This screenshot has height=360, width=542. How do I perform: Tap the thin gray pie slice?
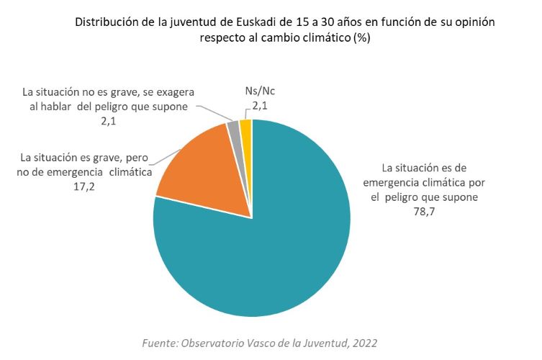233,130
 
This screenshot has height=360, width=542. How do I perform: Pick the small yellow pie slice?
245,127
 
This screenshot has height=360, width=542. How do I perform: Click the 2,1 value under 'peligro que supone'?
109,121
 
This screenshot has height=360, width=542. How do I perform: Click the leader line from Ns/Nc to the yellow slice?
245,114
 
